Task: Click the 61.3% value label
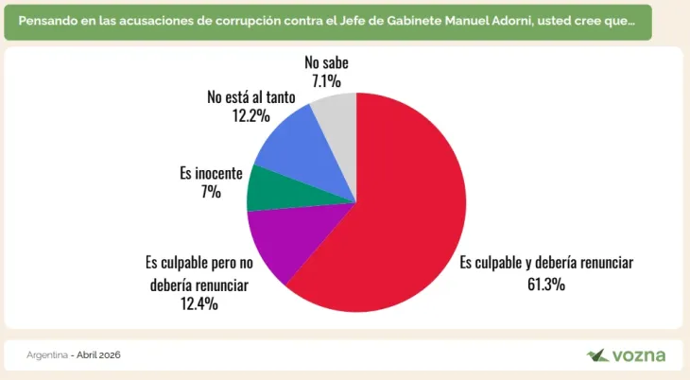coord(546,284)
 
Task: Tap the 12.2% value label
coord(251,115)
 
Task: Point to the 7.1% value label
coord(326,81)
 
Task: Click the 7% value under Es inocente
coord(211,192)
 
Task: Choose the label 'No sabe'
coord(326,63)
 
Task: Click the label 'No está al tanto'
coord(251,96)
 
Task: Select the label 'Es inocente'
coord(211,174)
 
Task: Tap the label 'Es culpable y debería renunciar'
coord(546,263)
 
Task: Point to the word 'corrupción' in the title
coord(239,20)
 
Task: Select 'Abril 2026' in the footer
coord(98,354)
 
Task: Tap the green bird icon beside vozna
coord(597,354)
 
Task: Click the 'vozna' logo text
coord(640,355)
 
